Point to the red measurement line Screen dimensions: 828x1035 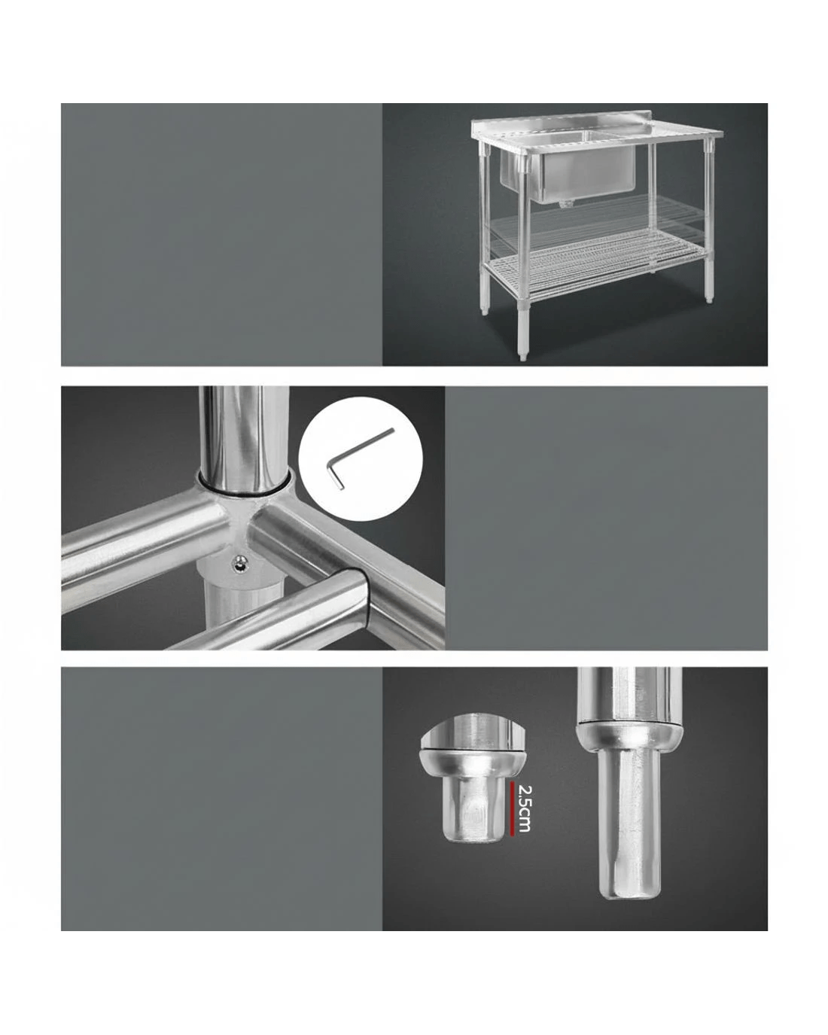(512, 808)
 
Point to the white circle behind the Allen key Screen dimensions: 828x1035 (361, 458)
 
